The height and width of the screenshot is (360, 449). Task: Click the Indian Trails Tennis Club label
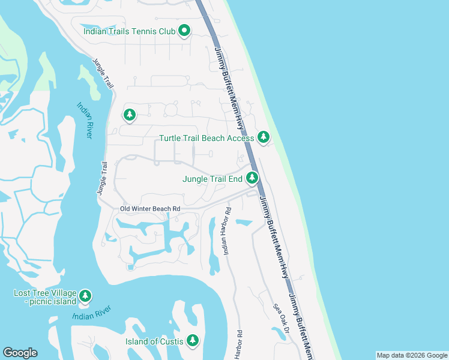[x=129, y=31]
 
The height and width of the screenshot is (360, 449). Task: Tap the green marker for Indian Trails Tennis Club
[x=184, y=31]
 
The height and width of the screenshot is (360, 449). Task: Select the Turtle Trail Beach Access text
[x=206, y=138]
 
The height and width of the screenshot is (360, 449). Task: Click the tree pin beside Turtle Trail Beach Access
[x=263, y=137]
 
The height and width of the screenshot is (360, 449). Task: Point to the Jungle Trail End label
[x=212, y=178]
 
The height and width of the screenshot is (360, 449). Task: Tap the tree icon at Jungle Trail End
[x=252, y=178]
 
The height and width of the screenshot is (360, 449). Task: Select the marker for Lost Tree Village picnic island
[x=85, y=296]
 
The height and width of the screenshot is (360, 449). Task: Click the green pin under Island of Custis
[x=192, y=341]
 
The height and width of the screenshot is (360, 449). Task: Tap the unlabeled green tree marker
[x=129, y=114]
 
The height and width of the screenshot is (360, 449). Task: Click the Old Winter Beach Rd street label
[x=150, y=209]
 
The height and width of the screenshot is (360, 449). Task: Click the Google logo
[x=20, y=353]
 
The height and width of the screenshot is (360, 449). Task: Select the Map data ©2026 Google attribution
[x=411, y=355]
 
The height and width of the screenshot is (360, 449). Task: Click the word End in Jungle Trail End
[x=234, y=178]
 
